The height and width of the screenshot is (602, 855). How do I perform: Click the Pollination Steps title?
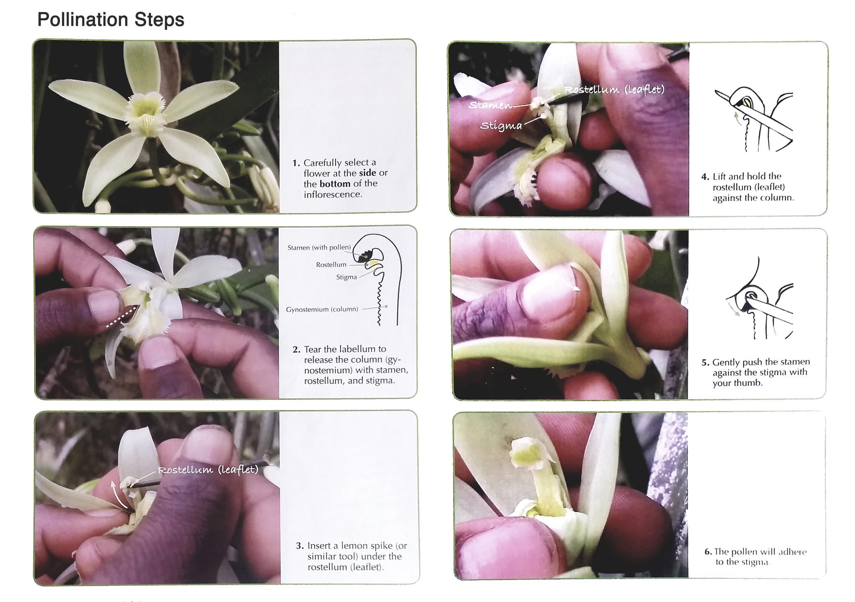click(111, 20)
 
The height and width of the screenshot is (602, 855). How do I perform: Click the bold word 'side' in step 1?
click(367, 173)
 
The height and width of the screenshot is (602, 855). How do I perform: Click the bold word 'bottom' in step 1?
click(335, 184)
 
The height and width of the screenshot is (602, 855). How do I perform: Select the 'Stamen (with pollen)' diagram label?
click(319, 247)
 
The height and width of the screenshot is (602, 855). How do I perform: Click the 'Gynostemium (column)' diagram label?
click(322, 309)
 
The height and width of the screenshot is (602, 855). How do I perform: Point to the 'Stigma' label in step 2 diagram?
click(346, 277)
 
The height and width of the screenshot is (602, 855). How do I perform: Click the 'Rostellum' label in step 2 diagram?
click(331, 264)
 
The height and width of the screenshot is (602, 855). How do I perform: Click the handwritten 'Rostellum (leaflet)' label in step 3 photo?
click(208, 469)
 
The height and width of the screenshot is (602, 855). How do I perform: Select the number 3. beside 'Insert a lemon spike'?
click(300, 546)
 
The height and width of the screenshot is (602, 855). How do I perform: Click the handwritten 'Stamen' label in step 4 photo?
click(490, 105)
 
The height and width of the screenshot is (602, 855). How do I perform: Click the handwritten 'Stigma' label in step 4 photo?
click(501, 126)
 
